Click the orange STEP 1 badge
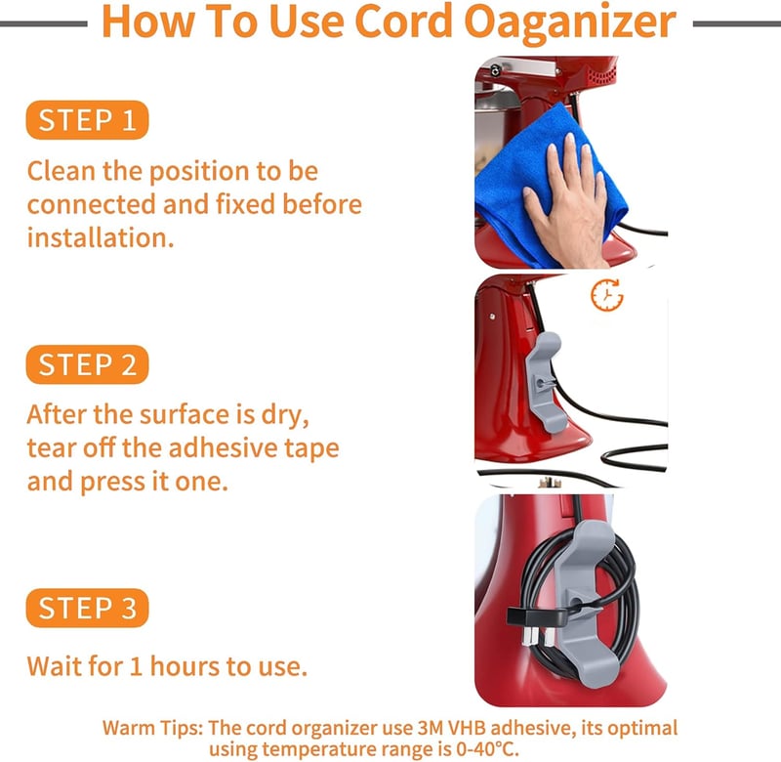click(x=87, y=120)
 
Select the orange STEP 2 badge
click(x=87, y=364)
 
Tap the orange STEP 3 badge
click(x=87, y=608)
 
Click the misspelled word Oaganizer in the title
click(x=570, y=22)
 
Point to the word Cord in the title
click(x=403, y=21)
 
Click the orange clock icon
click(x=606, y=295)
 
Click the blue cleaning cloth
click(x=543, y=185)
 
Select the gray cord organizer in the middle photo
click(x=545, y=382)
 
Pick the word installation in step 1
click(x=101, y=237)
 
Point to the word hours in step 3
click(x=185, y=666)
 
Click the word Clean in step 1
click(x=62, y=171)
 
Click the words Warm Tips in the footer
click(x=153, y=728)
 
